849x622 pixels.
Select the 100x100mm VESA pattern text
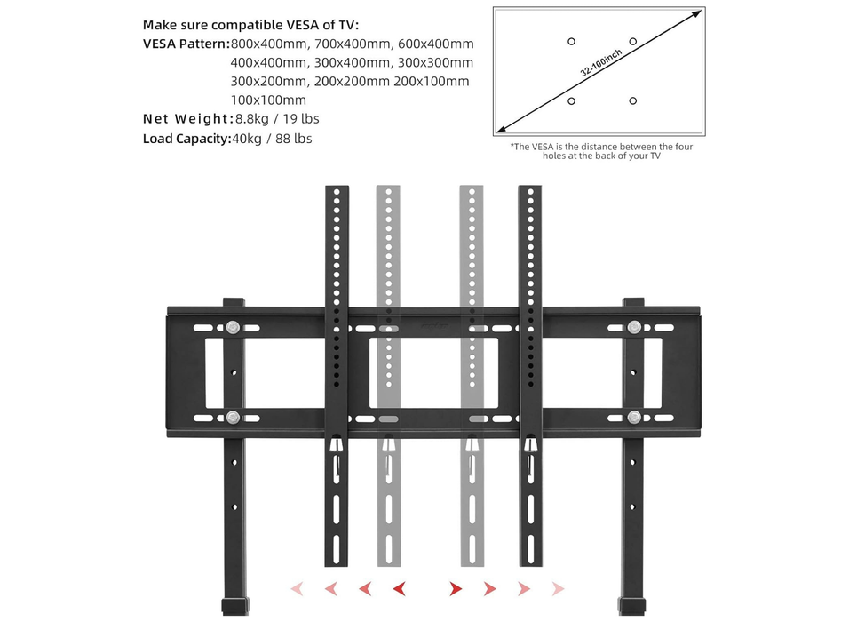(x=268, y=100)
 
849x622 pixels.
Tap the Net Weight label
(x=186, y=119)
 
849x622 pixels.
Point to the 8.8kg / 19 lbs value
(x=277, y=119)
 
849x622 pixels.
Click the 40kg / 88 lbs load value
(x=272, y=139)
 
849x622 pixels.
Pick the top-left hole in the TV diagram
(x=571, y=42)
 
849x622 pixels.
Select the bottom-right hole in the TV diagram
(x=632, y=100)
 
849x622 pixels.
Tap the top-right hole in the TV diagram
(x=632, y=42)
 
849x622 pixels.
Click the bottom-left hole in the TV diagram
(x=571, y=100)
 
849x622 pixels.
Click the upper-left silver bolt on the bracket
(x=233, y=328)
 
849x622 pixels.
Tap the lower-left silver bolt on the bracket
(x=233, y=417)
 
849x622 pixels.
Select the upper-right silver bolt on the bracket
(x=633, y=328)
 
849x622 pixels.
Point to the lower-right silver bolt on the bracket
(x=633, y=417)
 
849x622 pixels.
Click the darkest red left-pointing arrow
(x=399, y=588)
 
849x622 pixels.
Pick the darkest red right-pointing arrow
(x=455, y=588)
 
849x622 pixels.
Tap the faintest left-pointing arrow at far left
(x=297, y=588)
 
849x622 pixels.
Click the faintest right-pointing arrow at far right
(x=558, y=588)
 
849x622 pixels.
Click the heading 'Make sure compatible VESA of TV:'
(x=251, y=24)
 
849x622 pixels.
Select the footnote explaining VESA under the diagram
(x=601, y=151)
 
